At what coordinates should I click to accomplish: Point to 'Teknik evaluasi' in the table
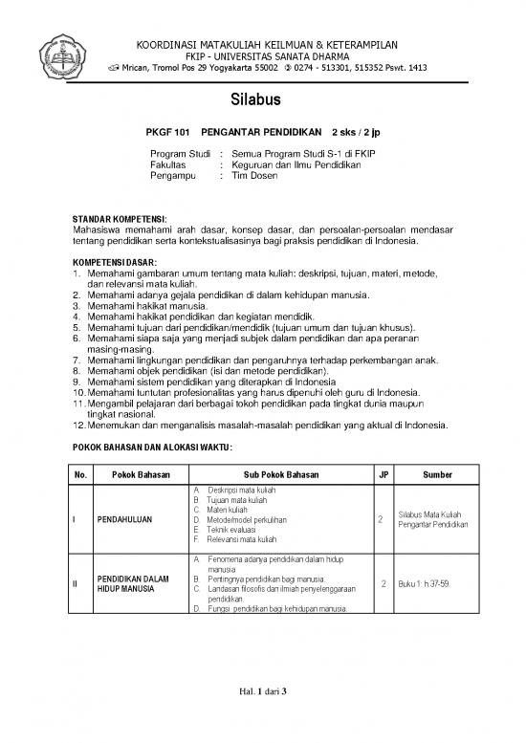tap(229, 529)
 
